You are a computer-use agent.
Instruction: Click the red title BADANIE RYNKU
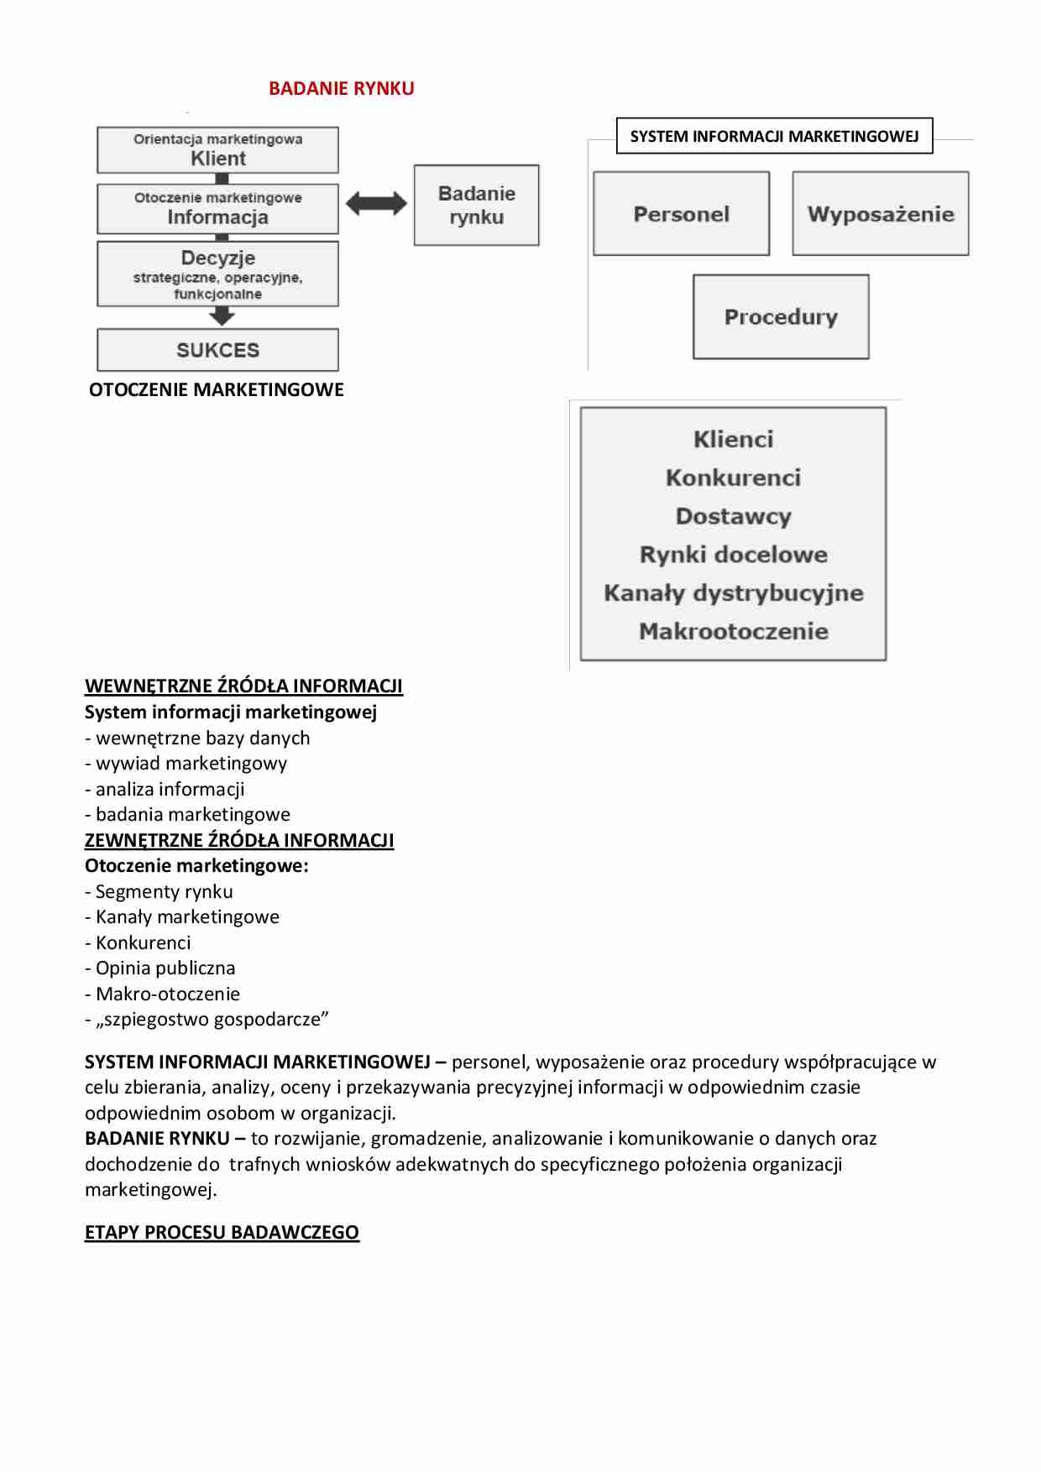click(x=341, y=88)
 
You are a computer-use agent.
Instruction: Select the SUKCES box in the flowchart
click(x=217, y=350)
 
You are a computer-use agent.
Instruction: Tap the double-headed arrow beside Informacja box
click(x=376, y=202)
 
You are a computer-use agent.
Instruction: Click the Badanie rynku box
click(x=476, y=205)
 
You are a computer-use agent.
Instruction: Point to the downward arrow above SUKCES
click(x=222, y=316)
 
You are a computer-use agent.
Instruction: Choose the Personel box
click(x=681, y=214)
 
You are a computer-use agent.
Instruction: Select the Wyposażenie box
click(x=880, y=214)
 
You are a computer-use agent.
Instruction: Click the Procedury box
click(x=781, y=316)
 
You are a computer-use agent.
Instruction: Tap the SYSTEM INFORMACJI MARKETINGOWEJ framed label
click(x=774, y=136)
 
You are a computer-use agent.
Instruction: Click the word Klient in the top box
click(x=218, y=159)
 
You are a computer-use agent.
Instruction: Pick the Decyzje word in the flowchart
click(x=218, y=258)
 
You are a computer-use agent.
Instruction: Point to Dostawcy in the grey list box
click(x=733, y=516)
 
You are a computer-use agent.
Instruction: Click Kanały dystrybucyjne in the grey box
click(x=733, y=592)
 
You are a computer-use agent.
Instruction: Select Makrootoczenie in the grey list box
click(x=733, y=631)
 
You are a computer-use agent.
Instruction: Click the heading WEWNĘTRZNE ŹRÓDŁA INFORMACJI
click(x=243, y=686)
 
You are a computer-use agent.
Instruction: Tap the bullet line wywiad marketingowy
click(x=191, y=763)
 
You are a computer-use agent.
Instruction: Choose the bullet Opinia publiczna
click(x=165, y=968)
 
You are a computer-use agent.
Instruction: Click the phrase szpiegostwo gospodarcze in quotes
click(x=212, y=1019)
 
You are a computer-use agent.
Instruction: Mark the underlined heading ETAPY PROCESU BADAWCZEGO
click(x=222, y=1232)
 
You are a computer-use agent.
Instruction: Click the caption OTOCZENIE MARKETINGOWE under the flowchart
click(x=217, y=389)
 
